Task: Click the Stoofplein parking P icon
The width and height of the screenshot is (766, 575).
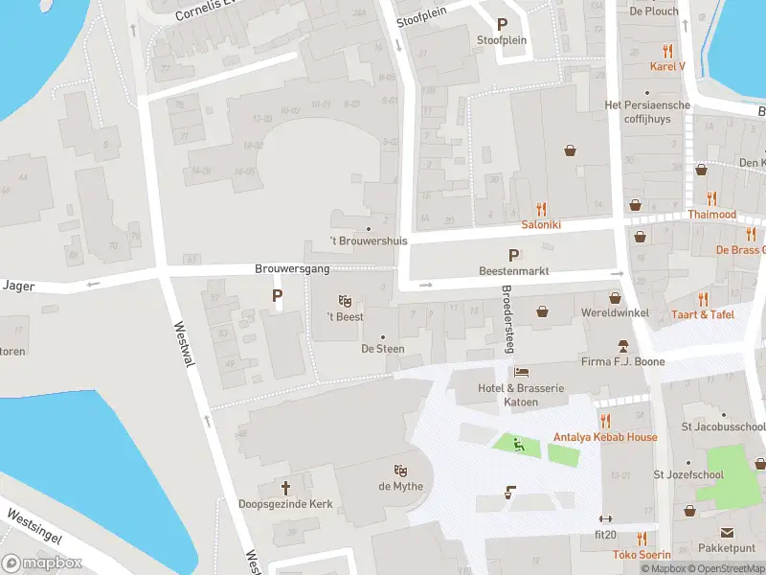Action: pos(501,25)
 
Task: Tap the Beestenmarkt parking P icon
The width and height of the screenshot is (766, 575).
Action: pos(514,256)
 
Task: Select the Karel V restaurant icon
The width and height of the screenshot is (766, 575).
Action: pos(668,51)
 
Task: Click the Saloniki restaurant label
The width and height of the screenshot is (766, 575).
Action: pos(540,224)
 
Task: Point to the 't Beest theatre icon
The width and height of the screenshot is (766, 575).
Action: pos(345,301)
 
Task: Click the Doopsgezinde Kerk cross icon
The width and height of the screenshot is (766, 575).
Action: pos(285,488)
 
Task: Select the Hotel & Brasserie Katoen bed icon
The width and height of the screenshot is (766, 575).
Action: pos(521,372)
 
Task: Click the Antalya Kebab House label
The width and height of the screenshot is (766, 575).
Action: pos(605,437)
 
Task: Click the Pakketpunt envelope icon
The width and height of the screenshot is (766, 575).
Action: pos(727,533)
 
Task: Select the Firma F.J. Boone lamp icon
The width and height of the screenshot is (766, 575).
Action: pos(622,345)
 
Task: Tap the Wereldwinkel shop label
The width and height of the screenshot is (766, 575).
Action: pos(615,313)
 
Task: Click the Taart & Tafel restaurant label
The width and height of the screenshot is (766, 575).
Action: pos(703,314)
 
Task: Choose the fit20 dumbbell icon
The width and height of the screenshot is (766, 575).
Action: pos(605,518)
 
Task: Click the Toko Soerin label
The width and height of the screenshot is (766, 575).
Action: pos(642,555)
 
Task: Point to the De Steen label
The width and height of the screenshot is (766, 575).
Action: pos(382,349)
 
